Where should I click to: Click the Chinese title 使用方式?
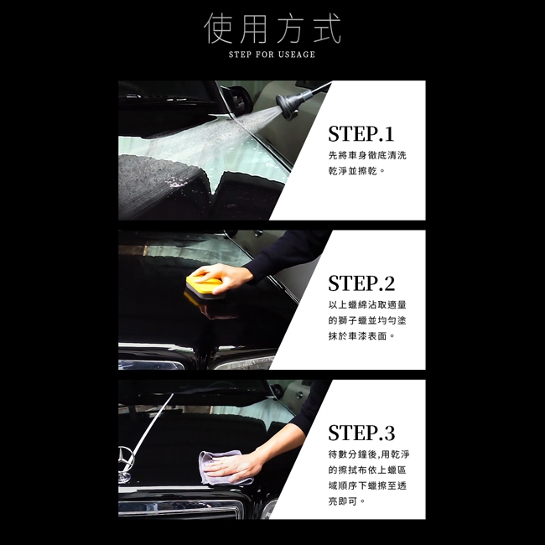point(272,29)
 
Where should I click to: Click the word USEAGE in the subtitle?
point(297,54)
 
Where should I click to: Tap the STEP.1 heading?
point(361,134)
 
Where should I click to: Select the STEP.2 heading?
point(361,283)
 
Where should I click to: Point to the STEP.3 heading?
point(361,433)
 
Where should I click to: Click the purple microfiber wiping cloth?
point(222,468)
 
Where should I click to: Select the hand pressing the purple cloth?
point(234,466)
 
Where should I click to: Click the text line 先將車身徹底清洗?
point(367,155)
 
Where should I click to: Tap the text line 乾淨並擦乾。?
point(357,171)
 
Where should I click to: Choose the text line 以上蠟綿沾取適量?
point(367,305)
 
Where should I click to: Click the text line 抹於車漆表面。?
point(362,335)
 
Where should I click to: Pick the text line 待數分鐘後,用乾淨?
point(369,454)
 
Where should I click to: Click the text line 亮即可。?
point(347,501)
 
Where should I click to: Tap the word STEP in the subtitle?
point(240,54)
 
